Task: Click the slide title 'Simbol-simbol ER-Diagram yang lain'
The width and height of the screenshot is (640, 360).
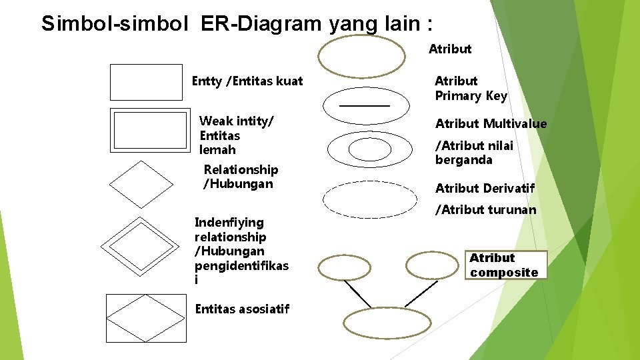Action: [x=237, y=23]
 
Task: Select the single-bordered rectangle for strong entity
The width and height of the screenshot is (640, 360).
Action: [x=145, y=82]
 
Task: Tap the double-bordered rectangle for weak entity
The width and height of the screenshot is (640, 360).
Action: [x=149, y=131]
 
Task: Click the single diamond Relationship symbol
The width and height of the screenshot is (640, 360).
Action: [x=141, y=185]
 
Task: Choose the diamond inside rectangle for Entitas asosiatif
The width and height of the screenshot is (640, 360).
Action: [x=147, y=319]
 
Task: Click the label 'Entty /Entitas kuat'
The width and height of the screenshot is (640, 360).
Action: [x=247, y=81]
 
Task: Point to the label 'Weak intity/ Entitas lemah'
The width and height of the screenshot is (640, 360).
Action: [x=237, y=135]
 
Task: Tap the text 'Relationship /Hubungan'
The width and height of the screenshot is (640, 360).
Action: [x=241, y=177]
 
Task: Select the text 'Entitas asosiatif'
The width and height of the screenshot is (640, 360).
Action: [x=242, y=309]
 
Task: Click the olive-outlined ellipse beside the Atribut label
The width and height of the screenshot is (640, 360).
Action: [x=361, y=57]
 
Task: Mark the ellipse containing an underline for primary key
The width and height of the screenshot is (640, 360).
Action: [x=365, y=101]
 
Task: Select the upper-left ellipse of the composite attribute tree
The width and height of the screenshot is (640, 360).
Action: [x=344, y=268]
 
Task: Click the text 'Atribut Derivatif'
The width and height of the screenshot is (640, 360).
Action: [x=485, y=189]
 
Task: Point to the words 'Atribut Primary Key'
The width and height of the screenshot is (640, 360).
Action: [x=471, y=89]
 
